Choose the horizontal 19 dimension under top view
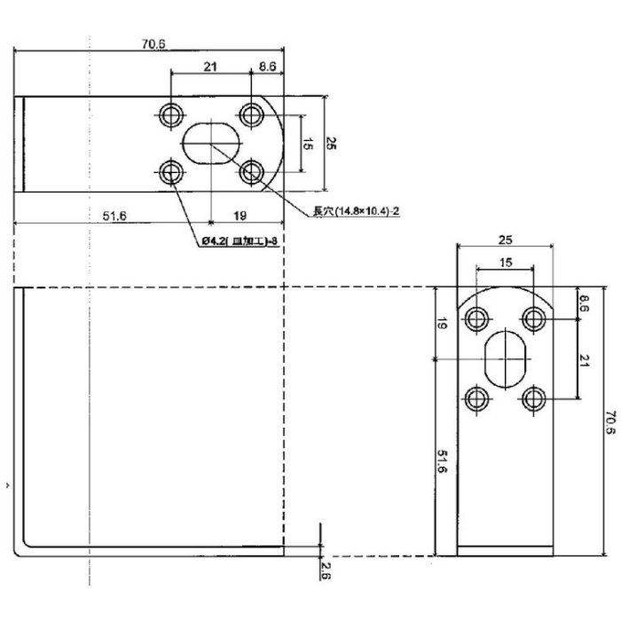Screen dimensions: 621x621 tap(240, 215)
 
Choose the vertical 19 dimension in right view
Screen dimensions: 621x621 tap(442, 325)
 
